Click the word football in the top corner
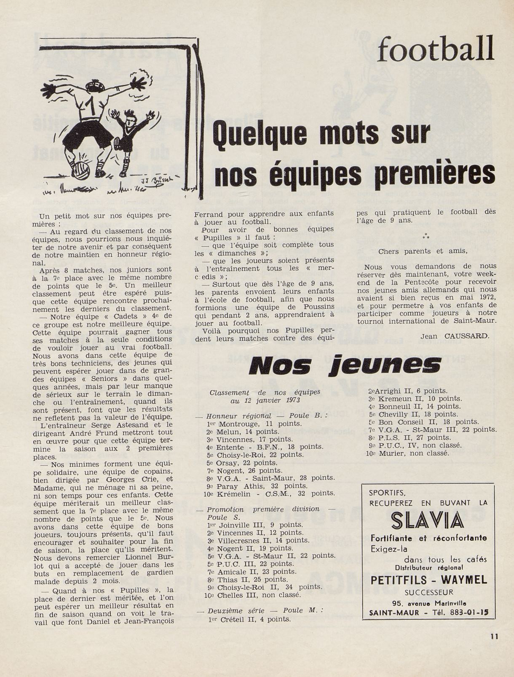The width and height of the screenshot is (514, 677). [435, 49]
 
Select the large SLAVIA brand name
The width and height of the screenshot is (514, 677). [428, 521]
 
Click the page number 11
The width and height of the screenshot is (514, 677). [494, 637]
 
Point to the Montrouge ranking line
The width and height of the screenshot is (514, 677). [254, 423]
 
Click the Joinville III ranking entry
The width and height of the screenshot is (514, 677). [254, 525]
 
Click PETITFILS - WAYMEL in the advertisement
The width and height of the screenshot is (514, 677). [428, 580]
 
